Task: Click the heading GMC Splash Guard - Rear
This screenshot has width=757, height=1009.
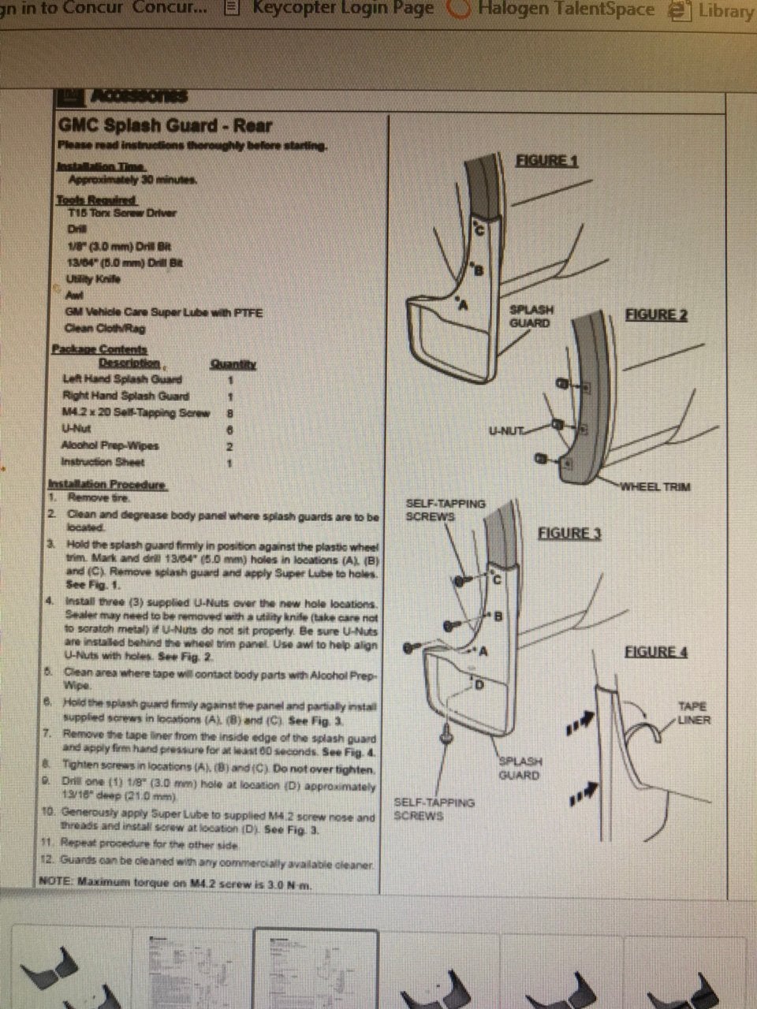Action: [x=166, y=125]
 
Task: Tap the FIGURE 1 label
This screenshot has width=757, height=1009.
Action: [x=546, y=161]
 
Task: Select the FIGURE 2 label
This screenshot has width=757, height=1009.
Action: [x=656, y=315]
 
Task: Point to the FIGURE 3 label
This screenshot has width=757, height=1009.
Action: [x=569, y=534]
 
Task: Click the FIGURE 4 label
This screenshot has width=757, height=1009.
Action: [x=656, y=652]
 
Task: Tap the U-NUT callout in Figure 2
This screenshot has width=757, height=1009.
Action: [x=506, y=430]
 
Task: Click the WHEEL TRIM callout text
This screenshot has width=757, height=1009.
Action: [x=654, y=486]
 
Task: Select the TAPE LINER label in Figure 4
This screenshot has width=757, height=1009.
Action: [x=693, y=713]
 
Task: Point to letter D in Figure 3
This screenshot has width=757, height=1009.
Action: [x=479, y=684]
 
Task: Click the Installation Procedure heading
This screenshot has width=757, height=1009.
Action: [x=107, y=484]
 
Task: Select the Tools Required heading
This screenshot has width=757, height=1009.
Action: [x=96, y=200]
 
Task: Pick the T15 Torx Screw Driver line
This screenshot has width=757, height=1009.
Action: [x=122, y=213]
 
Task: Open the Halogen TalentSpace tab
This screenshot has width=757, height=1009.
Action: [x=564, y=9]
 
